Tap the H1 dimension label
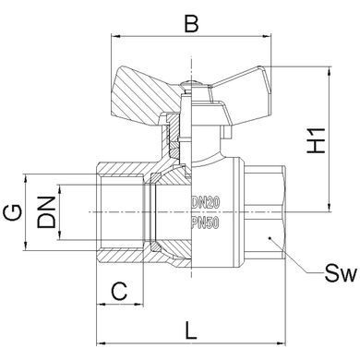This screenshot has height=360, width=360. click(x=316, y=140)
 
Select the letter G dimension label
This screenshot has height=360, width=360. click(x=13, y=212)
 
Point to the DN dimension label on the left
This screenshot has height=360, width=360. click(x=46, y=212)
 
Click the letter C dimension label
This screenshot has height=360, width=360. click(x=119, y=291)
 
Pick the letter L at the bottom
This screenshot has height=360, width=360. click(x=191, y=330)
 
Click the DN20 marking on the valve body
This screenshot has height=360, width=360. click(x=206, y=202)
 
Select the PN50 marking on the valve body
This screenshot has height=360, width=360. click(x=205, y=222)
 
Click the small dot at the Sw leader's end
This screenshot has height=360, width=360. click(x=269, y=237)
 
